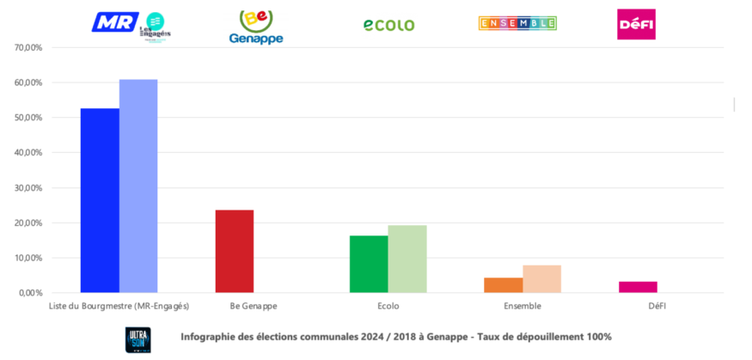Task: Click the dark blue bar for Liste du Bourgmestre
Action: [x=100, y=200]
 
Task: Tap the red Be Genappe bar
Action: [x=234, y=251]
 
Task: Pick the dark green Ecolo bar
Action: [x=369, y=264]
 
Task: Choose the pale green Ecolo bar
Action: [x=407, y=259]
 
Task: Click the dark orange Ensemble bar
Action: [x=504, y=284]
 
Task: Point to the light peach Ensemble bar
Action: [x=541, y=278]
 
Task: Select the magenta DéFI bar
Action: [x=638, y=287]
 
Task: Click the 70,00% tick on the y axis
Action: [x=28, y=48]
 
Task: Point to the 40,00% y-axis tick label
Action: [x=28, y=153]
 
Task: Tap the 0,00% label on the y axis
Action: [x=30, y=293]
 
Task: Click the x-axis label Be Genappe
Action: [x=253, y=305]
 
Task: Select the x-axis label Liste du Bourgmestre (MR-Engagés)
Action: [x=119, y=305]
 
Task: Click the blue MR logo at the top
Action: [x=114, y=21]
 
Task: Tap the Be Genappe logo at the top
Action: [x=255, y=27]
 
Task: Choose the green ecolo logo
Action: [x=388, y=25]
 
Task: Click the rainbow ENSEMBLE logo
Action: [x=517, y=23]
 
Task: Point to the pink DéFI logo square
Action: [x=636, y=24]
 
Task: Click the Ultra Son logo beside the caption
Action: [x=138, y=338]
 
